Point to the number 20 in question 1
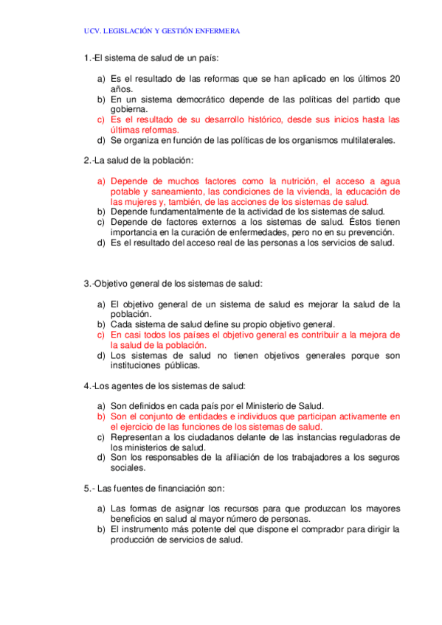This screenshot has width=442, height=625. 395,79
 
